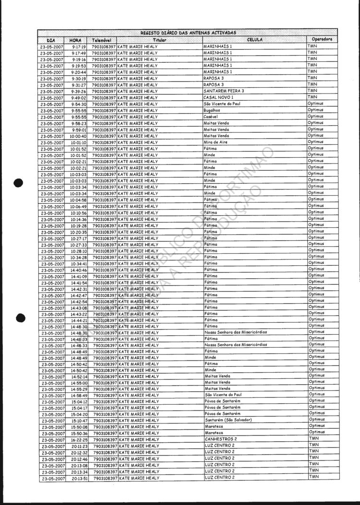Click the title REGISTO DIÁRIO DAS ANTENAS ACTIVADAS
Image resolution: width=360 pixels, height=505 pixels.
click(188, 33)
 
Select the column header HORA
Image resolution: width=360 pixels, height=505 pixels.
click(75, 40)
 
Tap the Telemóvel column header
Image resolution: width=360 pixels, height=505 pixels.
click(102, 40)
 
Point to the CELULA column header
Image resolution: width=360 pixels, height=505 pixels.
click(254, 40)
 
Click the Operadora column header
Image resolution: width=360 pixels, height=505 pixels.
click(322, 39)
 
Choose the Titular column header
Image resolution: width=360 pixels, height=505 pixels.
click(159, 40)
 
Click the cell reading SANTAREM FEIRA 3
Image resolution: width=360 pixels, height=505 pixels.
click(224, 91)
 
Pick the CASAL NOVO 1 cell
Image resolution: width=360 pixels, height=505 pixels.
click(218, 97)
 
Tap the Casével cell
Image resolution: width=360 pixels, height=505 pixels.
click(211, 117)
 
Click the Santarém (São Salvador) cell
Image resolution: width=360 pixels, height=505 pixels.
click(228, 420)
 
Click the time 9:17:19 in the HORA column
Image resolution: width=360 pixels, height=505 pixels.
click(79, 47)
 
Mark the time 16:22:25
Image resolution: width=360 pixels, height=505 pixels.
click(79, 440)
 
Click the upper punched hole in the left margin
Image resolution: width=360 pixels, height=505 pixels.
click(19, 183)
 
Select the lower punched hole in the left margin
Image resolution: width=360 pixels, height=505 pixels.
click(19, 317)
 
